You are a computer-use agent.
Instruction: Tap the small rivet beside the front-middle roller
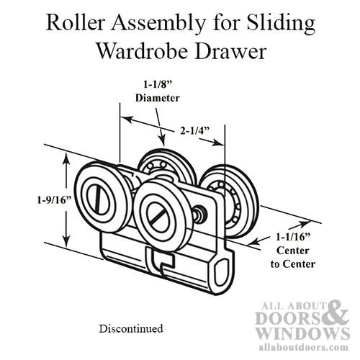tap(199, 213)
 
